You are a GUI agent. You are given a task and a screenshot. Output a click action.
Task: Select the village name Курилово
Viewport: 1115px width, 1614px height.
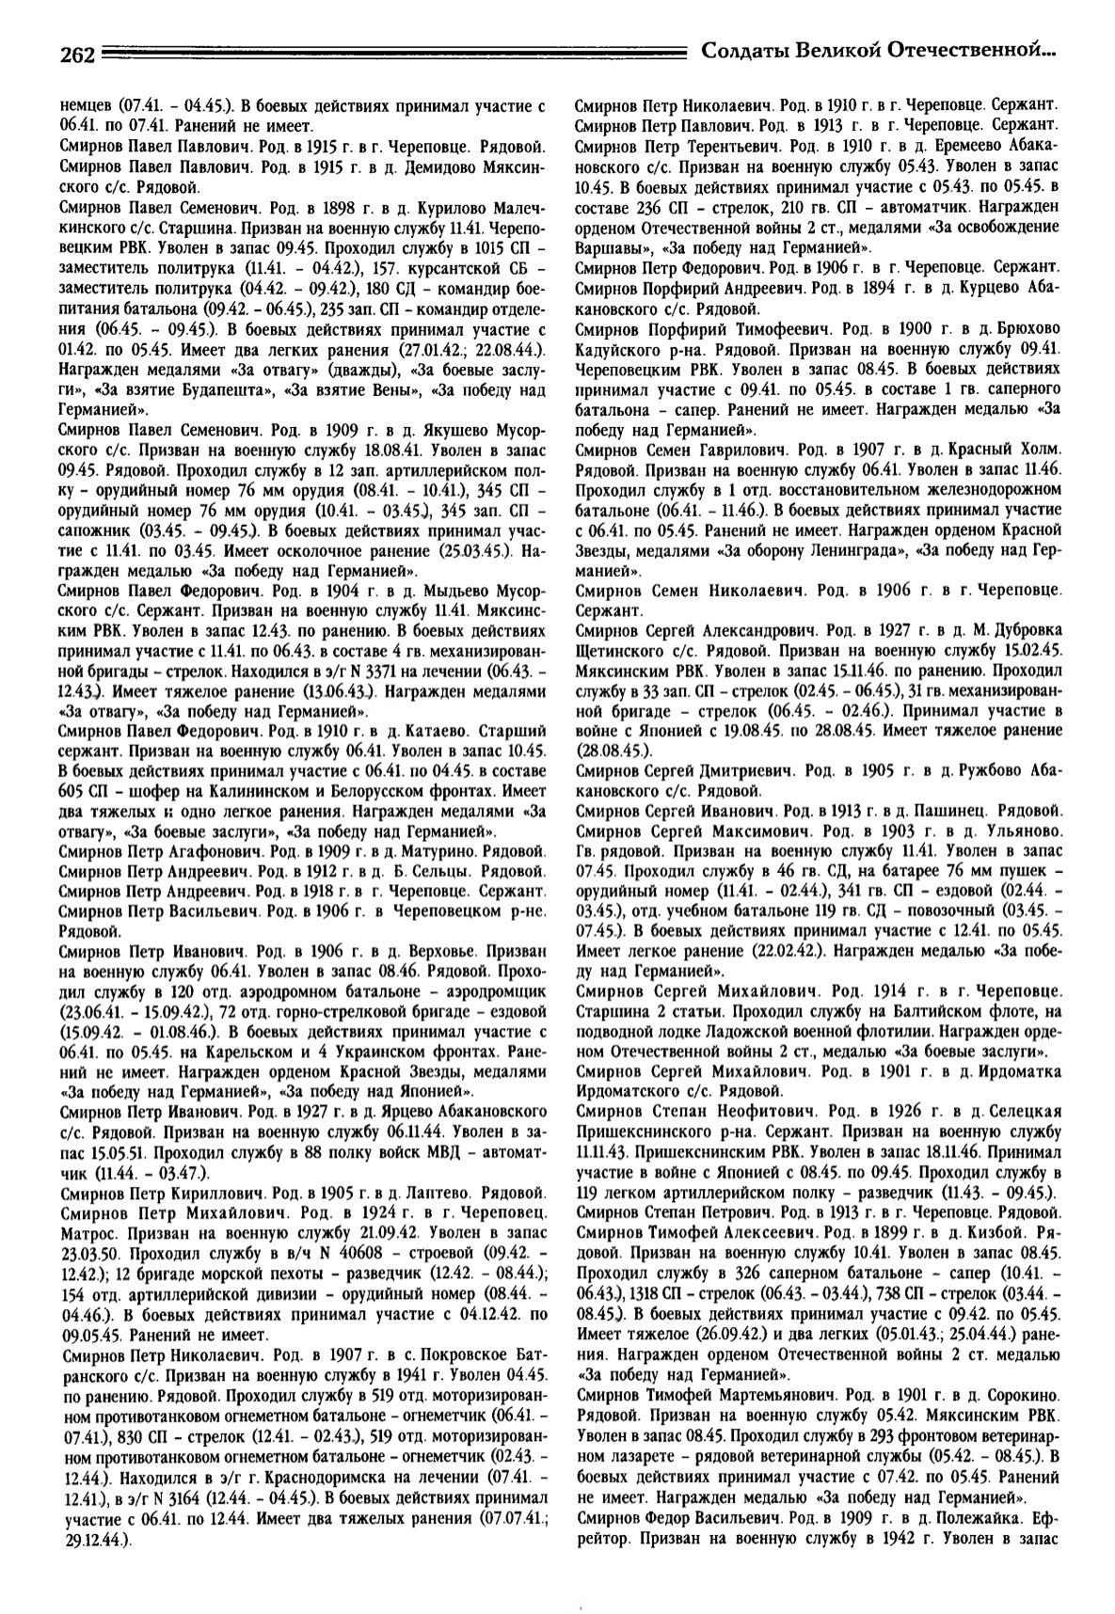(x=423, y=204)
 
